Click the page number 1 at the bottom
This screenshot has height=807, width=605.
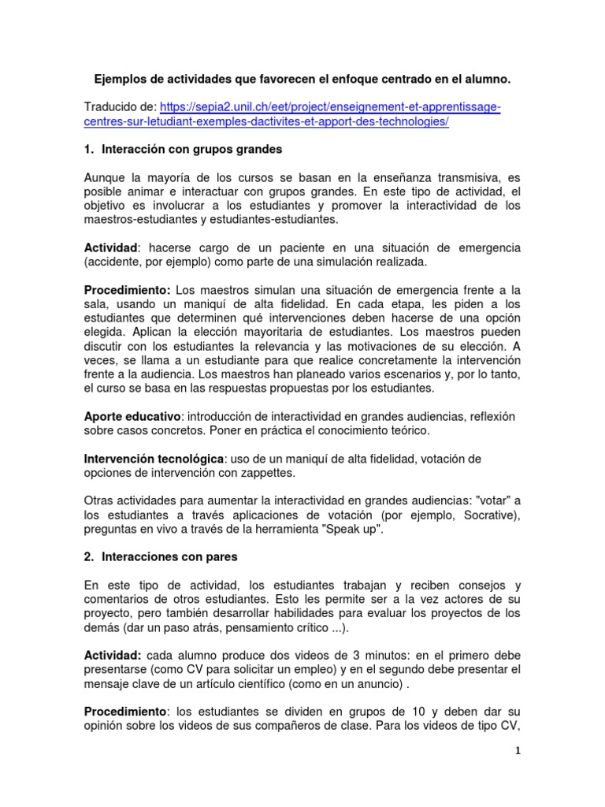click(518, 751)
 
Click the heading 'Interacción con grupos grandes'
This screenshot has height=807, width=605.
click(192, 148)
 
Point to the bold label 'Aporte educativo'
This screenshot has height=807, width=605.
click(132, 415)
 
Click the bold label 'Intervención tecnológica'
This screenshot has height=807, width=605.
click(154, 458)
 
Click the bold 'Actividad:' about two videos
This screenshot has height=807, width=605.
click(113, 655)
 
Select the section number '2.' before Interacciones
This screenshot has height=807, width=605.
click(89, 556)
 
